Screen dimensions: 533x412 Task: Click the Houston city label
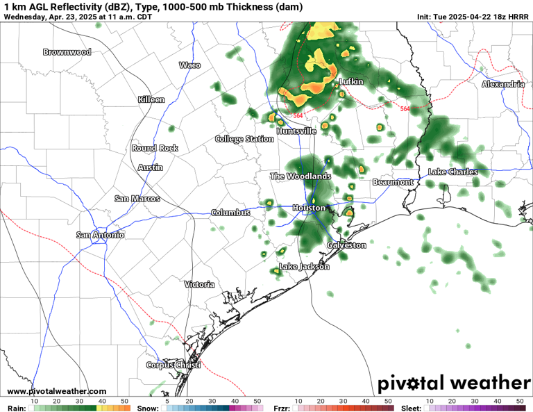[309, 208]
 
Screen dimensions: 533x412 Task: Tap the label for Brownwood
[67, 52]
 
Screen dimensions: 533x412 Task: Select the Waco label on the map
[189, 65]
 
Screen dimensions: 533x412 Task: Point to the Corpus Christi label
[173, 365]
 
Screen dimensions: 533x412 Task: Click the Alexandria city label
[503, 84]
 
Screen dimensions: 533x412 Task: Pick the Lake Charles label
[452, 172]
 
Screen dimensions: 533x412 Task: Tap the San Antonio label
[101, 235]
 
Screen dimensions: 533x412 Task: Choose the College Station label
[244, 139]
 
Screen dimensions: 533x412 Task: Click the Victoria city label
[199, 284]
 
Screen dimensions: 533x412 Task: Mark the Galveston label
[346, 245]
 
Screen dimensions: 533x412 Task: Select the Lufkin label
[350, 82]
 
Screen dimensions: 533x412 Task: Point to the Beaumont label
[393, 182]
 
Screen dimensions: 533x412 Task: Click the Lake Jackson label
[304, 267]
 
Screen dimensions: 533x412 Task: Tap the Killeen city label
[151, 99]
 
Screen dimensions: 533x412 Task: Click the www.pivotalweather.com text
[57, 392]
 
